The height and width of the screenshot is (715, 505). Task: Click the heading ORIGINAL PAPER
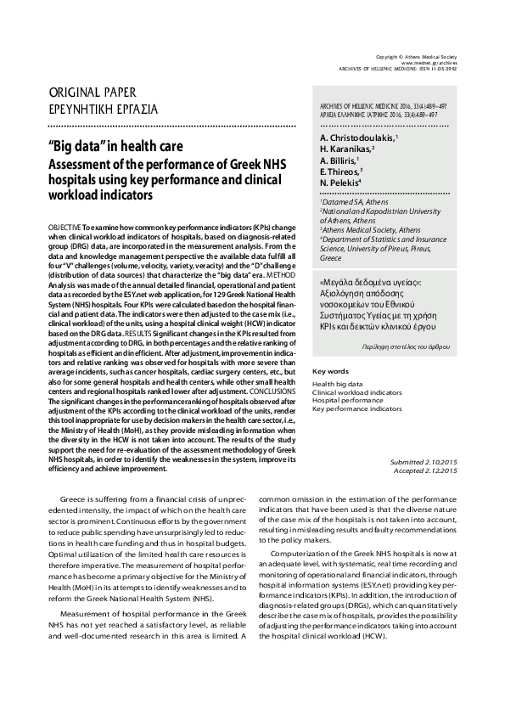pyautogui.click(x=93, y=92)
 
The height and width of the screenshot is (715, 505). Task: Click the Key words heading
pyautogui.click(x=330, y=371)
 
